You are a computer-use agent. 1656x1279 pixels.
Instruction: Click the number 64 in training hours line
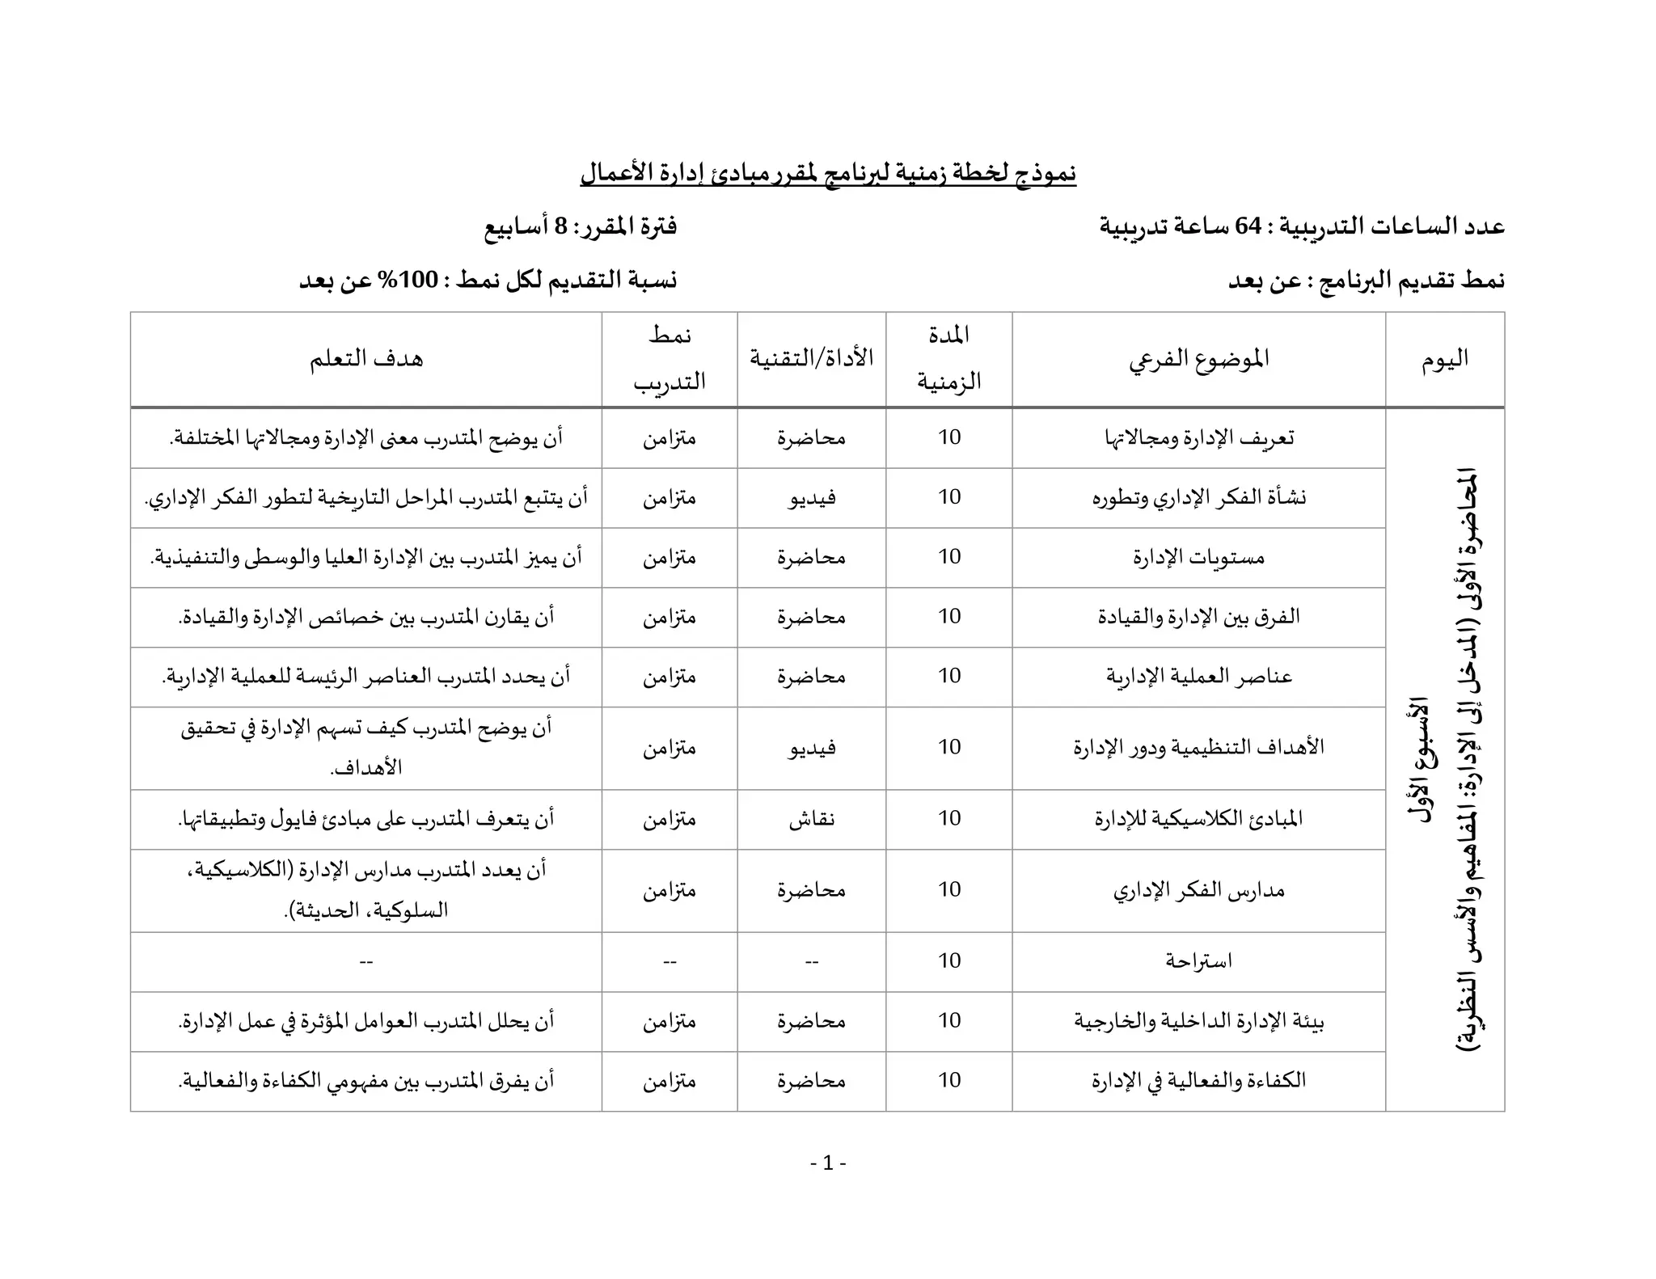[x=1248, y=226]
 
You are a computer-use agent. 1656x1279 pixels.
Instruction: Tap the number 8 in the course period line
[x=560, y=226]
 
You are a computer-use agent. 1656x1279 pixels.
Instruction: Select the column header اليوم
[x=1445, y=359]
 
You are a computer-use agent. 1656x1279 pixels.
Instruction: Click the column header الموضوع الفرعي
[x=1198, y=358]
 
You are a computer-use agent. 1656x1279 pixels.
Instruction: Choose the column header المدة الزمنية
[x=948, y=358]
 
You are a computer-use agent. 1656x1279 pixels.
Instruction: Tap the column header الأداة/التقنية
[x=811, y=358]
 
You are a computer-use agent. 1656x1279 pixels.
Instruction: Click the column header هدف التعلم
[x=365, y=358]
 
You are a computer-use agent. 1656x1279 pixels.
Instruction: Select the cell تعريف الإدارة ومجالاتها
[x=1198, y=437]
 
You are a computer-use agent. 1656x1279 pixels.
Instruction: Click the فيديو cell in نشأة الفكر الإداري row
[x=811, y=497]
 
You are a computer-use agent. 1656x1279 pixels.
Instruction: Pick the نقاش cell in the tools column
[x=811, y=819]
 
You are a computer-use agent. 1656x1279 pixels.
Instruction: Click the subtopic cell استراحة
[x=1198, y=961]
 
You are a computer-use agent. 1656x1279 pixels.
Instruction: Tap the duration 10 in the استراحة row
[x=949, y=961]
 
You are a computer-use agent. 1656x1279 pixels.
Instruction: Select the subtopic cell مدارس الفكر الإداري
[x=1198, y=890]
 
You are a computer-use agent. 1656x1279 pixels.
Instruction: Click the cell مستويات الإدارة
[x=1198, y=557]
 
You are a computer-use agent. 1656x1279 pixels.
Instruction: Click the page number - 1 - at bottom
[x=828, y=1163]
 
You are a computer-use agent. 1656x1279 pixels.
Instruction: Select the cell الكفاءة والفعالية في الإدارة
[x=1198, y=1081]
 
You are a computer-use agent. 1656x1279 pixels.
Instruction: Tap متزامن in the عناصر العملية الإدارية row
[x=670, y=677]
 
